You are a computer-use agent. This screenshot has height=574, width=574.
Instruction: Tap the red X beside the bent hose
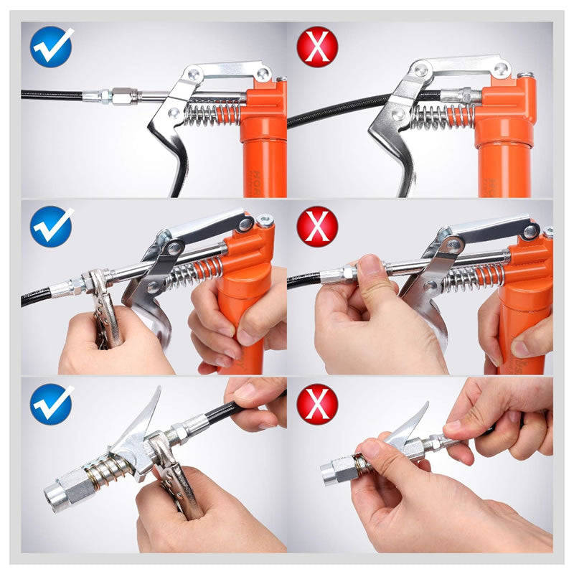coord(316,47)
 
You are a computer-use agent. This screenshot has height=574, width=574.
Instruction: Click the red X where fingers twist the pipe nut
coord(316,226)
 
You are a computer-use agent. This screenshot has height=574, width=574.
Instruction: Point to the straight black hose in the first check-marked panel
coord(50,94)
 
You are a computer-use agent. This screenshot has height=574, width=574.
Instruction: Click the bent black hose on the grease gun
coord(344,108)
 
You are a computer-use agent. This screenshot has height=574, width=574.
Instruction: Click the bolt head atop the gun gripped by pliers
coord(265,221)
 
